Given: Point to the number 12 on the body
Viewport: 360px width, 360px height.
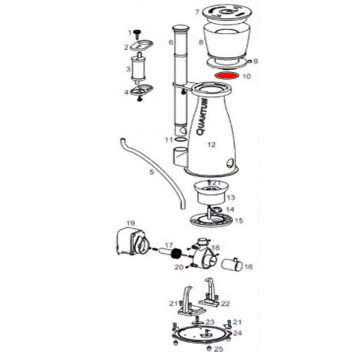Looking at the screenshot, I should (211, 144).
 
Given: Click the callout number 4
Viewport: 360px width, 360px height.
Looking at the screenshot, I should (126, 92).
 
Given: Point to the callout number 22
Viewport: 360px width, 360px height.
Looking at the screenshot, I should (226, 303).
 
